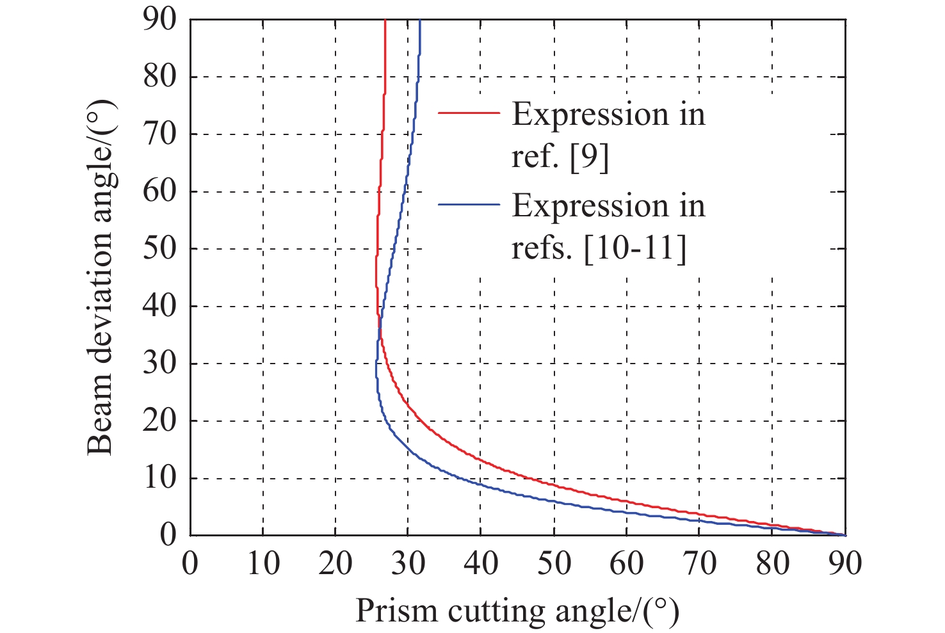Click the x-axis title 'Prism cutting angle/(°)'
pyautogui.click(x=517, y=611)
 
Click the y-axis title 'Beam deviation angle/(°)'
pyautogui.click(x=100, y=276)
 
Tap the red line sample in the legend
pyautogui.click(x=469, y=112)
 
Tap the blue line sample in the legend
pyautogui.click(x=469, y=204)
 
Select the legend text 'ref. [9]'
pyautogui.click(x=560, y=156)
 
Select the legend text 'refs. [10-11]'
pyautogui.click(x=599, y=248)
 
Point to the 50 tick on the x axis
pyautogui.click(x=554, y=563)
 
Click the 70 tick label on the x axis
pyautogui.click(x=700, y=563)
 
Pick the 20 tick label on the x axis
pyautogui.click(x=335, y=563)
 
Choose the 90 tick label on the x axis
pyautogui.click(x=845, y=563)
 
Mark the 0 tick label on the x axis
pyautogui.click(x=190, y=563)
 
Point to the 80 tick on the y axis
pyautogui.click(x=159, y=77)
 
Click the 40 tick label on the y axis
pyautogui.click(x=159, y=306)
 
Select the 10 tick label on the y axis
pyautogui.click(x=159, y=477)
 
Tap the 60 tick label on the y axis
pyautogui.click(x=159, y=191)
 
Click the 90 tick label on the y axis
pyautogui.click(x=159, y=20)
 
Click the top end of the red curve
pyautogui.click(x=385, y=21)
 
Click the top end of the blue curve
pyautogui.click(x=419, y=21)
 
